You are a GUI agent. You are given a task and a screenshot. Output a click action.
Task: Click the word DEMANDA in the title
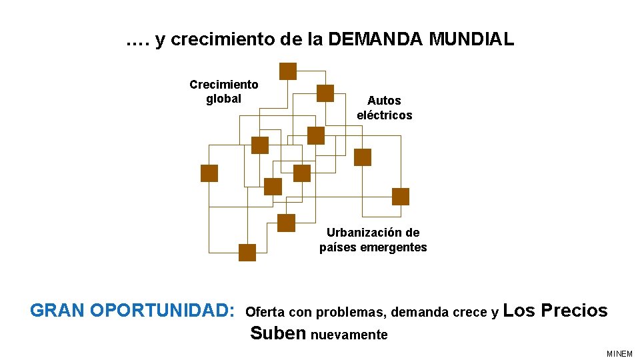point(375,39)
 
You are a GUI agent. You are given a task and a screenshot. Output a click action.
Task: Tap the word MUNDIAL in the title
point(471,39)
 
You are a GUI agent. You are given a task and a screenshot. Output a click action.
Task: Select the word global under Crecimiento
point(223,99)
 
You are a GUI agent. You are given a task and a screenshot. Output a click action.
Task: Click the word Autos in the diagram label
point(384,101)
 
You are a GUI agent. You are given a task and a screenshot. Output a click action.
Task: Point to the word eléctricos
point(384,115)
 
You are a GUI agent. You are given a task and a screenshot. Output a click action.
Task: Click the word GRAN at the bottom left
point(57,311)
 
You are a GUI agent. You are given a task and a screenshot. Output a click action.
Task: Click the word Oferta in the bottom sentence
point(265,312)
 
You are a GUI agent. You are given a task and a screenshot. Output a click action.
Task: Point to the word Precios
point(574,311)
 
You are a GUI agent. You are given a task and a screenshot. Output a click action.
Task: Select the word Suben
point(277,333)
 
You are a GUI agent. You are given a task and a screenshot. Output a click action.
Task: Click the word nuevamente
point(349,335)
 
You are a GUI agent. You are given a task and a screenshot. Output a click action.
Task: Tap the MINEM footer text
point(619,353)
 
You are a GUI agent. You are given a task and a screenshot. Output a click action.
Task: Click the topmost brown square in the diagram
point(287,71)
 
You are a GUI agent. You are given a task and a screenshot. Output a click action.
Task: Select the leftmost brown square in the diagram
point(209,173)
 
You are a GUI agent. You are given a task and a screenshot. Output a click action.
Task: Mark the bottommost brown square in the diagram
point(247,253)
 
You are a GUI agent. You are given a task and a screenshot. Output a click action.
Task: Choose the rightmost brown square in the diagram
point(401,197)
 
